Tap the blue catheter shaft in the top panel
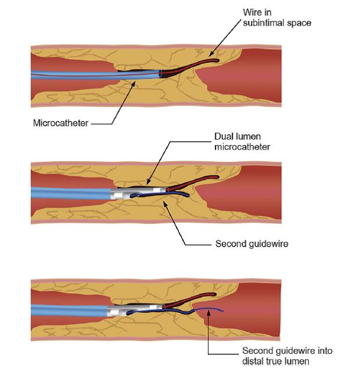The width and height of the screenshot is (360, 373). (87, 74)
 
